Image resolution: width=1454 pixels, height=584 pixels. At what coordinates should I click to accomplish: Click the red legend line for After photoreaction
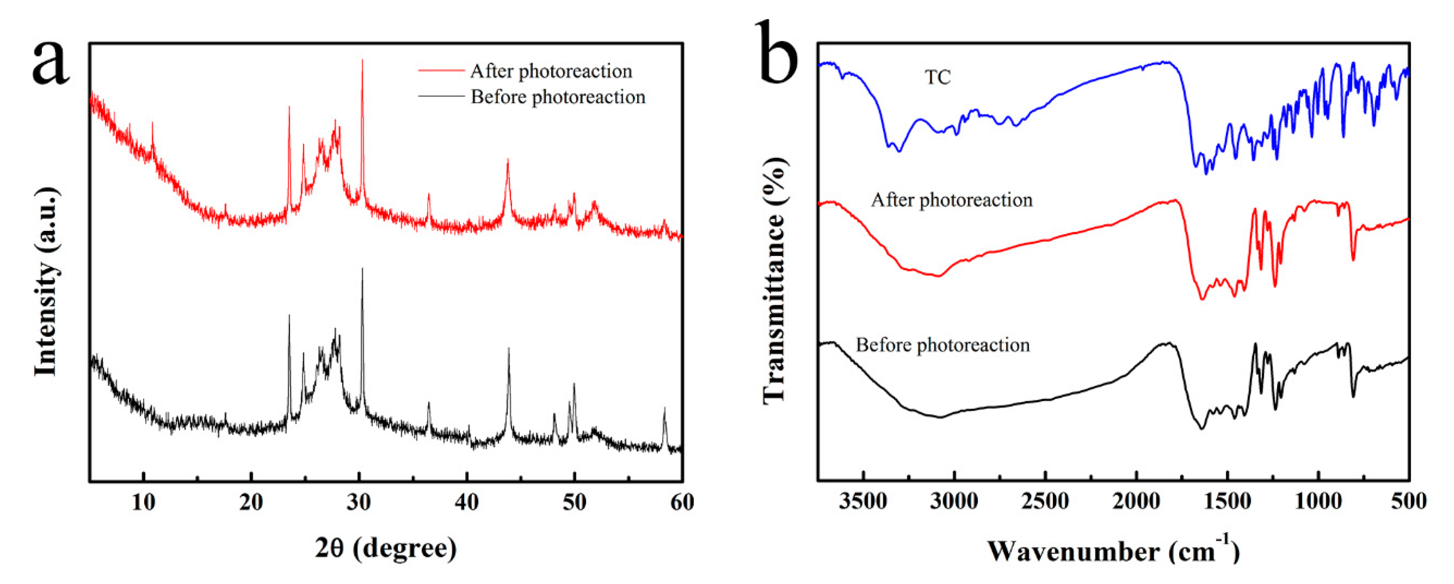tap(441, 71)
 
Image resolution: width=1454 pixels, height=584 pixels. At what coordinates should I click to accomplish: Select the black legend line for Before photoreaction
tap(441, 97)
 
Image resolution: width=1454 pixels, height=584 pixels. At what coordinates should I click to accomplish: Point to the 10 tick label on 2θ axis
tap(143, 502)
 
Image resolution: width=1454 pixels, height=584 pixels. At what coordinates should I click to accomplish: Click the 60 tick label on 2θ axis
tap(682, 502)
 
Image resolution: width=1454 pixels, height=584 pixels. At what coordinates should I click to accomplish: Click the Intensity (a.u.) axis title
tap(46, 282)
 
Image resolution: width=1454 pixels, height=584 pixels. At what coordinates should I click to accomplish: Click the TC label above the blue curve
tap(938, 77)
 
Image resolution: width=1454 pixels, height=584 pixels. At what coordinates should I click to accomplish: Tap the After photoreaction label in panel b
tap(951, 200)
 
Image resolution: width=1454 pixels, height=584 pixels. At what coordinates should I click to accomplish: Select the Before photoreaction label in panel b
tap(943, 345)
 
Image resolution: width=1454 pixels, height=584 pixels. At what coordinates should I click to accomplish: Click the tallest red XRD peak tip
tap(362, 60)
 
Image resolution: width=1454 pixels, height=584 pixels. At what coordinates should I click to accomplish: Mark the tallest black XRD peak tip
tap(362, 269)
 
